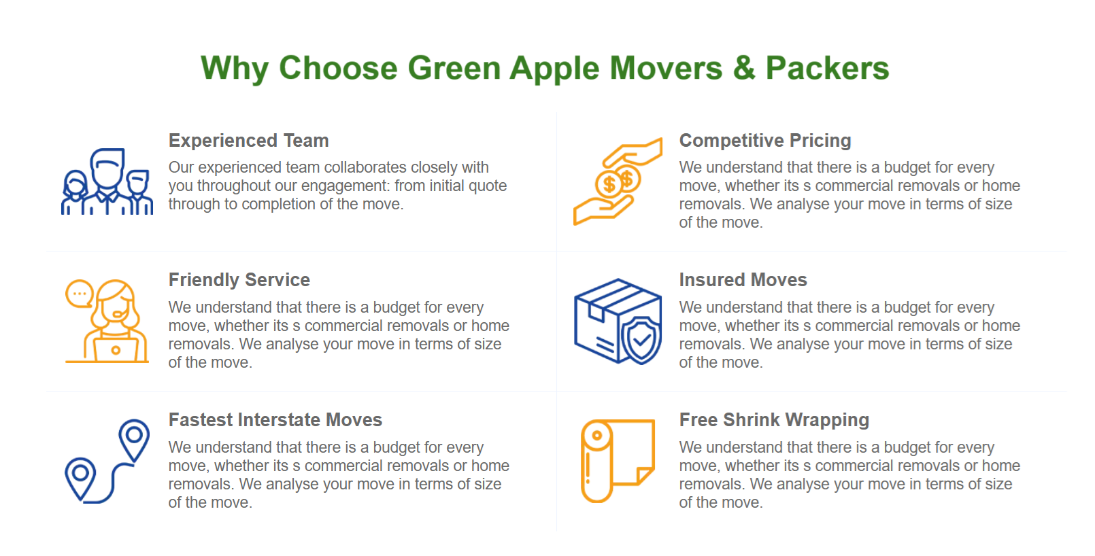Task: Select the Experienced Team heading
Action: [248, 141]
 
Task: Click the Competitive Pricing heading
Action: [765, 141]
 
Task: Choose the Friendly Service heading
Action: [239, 280]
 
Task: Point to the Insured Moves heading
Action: [743, 280]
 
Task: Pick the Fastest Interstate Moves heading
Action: [275, 419]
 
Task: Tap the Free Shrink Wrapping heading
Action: [774, 420]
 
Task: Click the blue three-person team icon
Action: [107, 181]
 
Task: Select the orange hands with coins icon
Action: [618, 181]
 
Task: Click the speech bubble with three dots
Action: [79, 294]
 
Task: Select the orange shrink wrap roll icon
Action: [618, 461]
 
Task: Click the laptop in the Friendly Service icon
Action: [116, 350]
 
